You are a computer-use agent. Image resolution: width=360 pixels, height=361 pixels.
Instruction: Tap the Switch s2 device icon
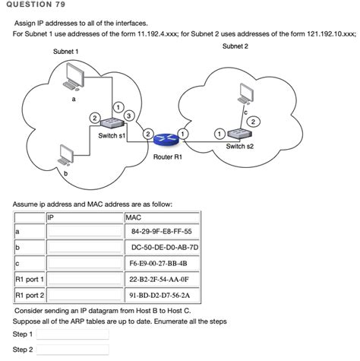[x=242, y=133]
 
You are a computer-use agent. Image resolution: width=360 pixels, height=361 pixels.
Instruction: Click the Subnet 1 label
[x=65, y=51]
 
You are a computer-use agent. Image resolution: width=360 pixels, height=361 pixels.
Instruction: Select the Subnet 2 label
[x=235, y=46]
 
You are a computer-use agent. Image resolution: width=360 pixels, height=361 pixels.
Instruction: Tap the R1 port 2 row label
[x=30, y=295]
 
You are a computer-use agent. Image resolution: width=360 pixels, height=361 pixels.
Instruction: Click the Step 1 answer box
[x=72, y=334]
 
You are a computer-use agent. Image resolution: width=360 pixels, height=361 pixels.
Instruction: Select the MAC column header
[x=133, y=217]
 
